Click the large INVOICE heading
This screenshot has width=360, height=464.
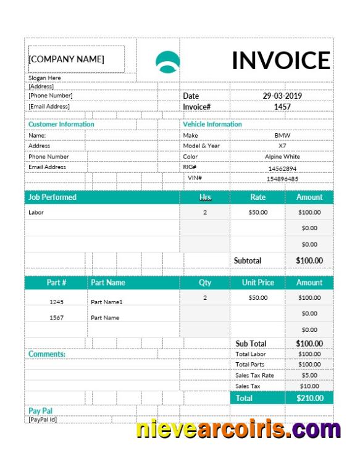[x=281, y=60]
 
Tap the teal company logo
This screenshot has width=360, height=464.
[x=167, y=62]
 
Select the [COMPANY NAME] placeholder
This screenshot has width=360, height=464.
[x=66, y=59]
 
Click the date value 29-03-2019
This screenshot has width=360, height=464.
[x=282, y=96]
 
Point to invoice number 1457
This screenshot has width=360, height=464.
[x=282, y=107]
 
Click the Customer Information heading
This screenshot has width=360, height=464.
[x=61, y=124]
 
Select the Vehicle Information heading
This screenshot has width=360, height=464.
[x=212, y=124]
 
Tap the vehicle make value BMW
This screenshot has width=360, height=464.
[x=282, y=135]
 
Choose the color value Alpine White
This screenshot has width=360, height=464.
[x=282, y=157]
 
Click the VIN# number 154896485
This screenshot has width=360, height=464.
[x=282, y=179]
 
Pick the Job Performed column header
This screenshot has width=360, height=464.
[x=52, y=197]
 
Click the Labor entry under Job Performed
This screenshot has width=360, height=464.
[x=36, y=212]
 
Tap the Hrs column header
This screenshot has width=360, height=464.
[x=205, y=197]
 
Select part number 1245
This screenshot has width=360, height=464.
[x=56, y=302]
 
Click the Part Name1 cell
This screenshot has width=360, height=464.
[x=107, y=302]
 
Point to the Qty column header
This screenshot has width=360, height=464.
[x=205, y=283]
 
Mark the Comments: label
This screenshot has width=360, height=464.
[x=47, y=354]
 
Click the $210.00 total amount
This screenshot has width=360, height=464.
[x=309, y=398]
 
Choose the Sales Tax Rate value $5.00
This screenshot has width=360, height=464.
[x=309, y=375]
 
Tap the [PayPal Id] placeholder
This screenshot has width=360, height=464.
[x=43, y=420]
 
